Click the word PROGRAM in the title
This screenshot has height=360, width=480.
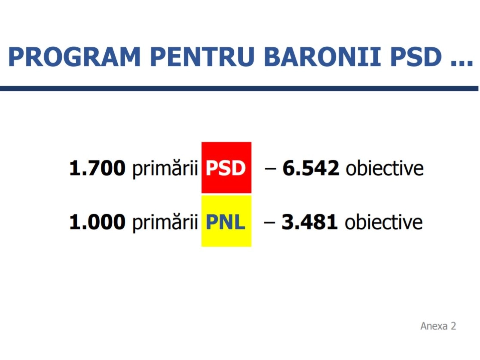[74, 57]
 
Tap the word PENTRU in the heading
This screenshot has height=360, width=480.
[202, 57]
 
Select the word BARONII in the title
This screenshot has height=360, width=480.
[322, 57]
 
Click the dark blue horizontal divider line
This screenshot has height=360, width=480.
[239, 88]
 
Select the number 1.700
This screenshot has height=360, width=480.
[97, 168]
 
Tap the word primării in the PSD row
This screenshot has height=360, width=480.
[165, 169]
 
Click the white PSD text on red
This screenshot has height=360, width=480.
[226, 168]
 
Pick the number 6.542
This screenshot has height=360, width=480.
[311, 168]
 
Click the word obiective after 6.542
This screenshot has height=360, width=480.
[385, 168]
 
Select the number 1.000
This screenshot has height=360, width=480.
[97, 222]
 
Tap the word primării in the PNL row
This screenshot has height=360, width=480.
[165, 223]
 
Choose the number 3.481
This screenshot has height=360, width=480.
[310, 222]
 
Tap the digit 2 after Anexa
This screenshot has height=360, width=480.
[453, 326]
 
